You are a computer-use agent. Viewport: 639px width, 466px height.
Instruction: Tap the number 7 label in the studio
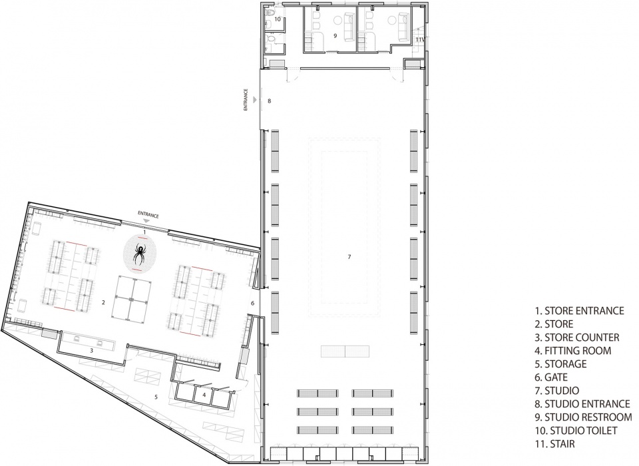pyautogui.click(x=349, y=257)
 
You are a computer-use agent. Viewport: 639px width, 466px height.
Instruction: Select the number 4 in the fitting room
pyautogui.click(x=204, y=395)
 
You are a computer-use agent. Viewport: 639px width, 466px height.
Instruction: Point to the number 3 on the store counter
pyautogui.click(x=92, y=350)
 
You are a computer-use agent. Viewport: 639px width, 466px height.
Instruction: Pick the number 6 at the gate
pyautogui.click(x=253, y=304)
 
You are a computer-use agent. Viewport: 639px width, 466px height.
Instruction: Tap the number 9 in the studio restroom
pyautogui.click(x=335, y=36)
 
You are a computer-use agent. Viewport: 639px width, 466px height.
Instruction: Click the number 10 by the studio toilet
pyautogui.click(x=278, y=19)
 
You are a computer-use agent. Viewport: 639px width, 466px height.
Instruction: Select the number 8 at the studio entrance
pyautogui.click(x=269, y=101)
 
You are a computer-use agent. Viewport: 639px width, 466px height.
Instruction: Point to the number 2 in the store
pyautogui.click(x=104, y=302)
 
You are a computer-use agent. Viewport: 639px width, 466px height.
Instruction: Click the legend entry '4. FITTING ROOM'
pyautogui.click(x=573, y=351)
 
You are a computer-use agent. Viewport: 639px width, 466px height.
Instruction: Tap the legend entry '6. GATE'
pyautogui.click(x=551, y=377)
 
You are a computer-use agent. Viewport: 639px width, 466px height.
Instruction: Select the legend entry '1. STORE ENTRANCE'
pyautogui.click(x=580, y=311)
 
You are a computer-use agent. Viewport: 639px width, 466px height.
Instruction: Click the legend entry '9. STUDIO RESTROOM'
pyautogui.click(x=584, y=417)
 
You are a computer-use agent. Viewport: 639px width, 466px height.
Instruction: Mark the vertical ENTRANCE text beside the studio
pyautogui.click(x=246, y=100)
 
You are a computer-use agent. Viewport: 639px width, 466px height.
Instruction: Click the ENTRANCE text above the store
pyautogui.click(x=148, y=215)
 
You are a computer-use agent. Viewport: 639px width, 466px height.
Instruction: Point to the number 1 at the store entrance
pyautogui.click(x=144, y=232)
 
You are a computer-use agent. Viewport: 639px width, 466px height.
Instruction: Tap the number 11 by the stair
pyautogui.click(x=419, y=39)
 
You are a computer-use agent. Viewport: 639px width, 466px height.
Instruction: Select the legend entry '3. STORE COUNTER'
pyautogui.click(x=577, y=337)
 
